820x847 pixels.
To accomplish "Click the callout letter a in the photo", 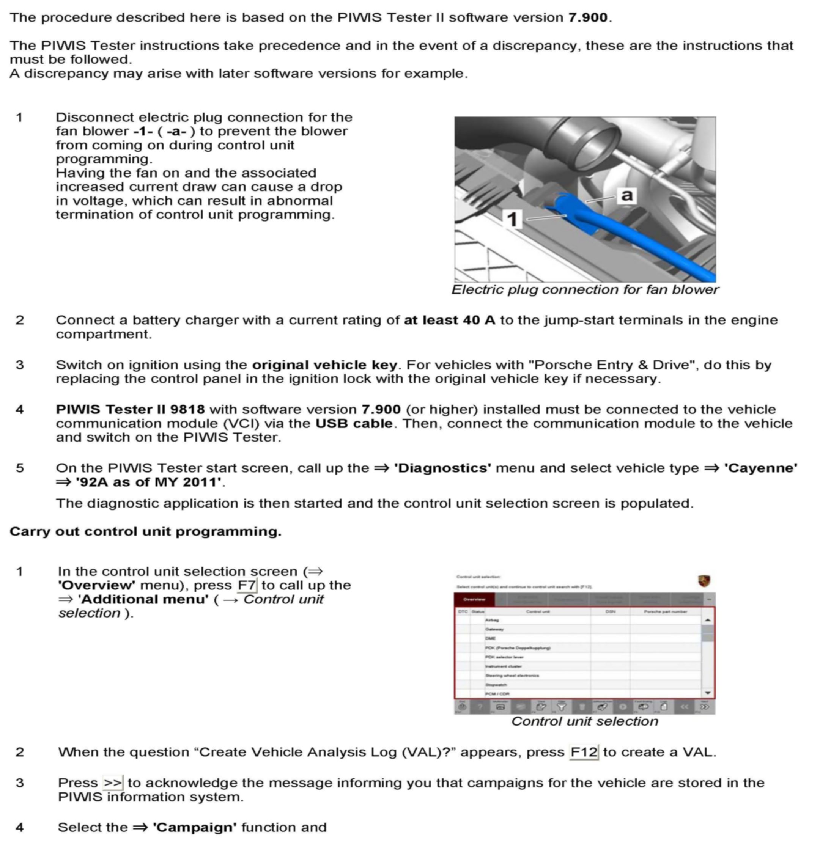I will (626, 195).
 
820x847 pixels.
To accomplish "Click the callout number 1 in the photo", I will (512, 219).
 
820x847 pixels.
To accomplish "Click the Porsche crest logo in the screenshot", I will (704, 581).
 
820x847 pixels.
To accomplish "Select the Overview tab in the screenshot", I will (474, 599).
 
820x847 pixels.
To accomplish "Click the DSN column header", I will (610, 611).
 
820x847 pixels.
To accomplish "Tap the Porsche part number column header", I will (665, 611).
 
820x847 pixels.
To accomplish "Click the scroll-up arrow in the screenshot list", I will (708, 620).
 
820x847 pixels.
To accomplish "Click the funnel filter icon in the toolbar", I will (561, 707).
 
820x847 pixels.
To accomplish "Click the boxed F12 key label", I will (584, 752).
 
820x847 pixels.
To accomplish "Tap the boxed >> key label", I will (113, 783).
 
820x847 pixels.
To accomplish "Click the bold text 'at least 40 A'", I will (449, 320).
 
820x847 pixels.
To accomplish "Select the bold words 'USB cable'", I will (354, 423).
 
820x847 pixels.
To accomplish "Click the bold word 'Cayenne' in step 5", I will (760, 468).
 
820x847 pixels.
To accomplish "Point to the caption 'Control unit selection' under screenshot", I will (584, 721).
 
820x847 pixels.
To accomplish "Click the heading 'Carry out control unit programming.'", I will (145, 531).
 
